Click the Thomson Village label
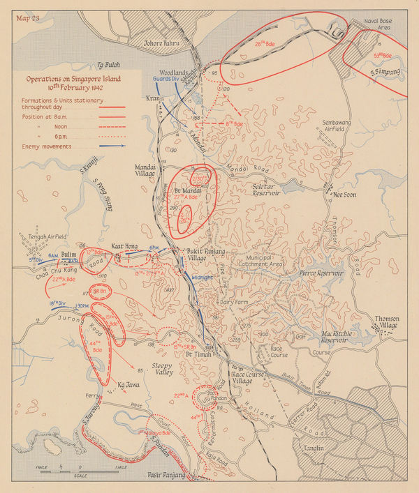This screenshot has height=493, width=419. pyautogui.click(x=387, y=323)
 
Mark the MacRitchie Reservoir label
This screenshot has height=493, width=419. pyautogui.click(x=326, y=339)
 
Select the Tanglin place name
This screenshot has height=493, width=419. pyautogui.click(x=308, y=448)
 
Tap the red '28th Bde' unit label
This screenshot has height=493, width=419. pyautogui.click(x=266, y=44)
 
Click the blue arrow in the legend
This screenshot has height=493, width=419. pyautogui.click(x=104, y=146)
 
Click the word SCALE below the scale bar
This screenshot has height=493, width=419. pyautogui.click(x=79, y=476)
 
